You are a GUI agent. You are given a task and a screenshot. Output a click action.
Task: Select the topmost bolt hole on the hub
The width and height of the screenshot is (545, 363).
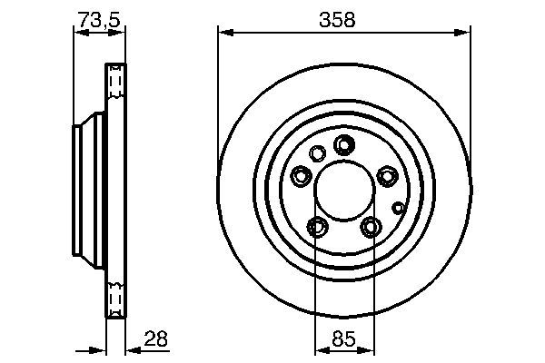pos(344,144)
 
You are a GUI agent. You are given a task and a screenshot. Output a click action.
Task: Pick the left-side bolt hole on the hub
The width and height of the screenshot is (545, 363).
pos(302,175)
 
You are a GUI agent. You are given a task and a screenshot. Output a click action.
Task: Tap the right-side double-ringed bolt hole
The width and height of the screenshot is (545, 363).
pos(387,175)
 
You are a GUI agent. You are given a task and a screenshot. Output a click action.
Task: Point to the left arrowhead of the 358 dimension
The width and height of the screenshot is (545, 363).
pos(223,33)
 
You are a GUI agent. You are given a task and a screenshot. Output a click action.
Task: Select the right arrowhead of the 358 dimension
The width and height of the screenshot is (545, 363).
pos(464,33)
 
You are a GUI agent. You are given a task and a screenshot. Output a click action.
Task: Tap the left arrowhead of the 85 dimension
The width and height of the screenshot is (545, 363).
pos(319,349)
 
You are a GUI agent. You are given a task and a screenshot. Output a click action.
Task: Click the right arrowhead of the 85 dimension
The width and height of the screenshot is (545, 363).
pos(370,349)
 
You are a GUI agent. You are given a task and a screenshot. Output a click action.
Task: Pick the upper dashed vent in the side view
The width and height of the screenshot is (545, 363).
pos(114,83)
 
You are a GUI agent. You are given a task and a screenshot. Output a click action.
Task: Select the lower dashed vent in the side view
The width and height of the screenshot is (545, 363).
pos(114,295)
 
